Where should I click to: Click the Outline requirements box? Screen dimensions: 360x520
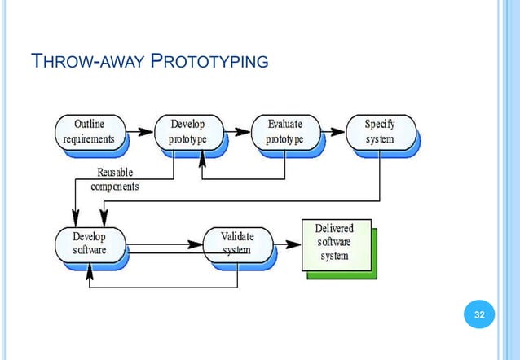click(89, 131)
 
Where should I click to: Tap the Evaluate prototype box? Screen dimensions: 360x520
click(284, 131)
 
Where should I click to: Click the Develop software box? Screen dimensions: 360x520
click(89, 243)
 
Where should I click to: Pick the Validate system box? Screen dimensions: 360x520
click(237, 243)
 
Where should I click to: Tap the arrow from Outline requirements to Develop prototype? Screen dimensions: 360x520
click(140, 130)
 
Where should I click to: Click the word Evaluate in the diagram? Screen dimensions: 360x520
click(285, 124)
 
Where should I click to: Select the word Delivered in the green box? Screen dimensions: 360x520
click(334, 230)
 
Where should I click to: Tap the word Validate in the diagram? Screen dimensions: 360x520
click(237, 236)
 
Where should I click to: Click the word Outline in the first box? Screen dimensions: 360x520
click(89, 124)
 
